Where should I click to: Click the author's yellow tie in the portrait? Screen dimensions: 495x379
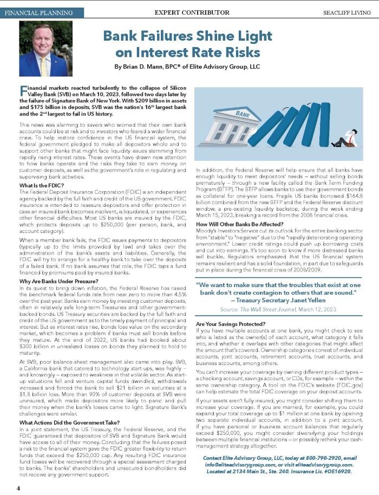click(x=43, y=66)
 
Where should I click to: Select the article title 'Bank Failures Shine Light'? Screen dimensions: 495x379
click(x=182, y=37)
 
